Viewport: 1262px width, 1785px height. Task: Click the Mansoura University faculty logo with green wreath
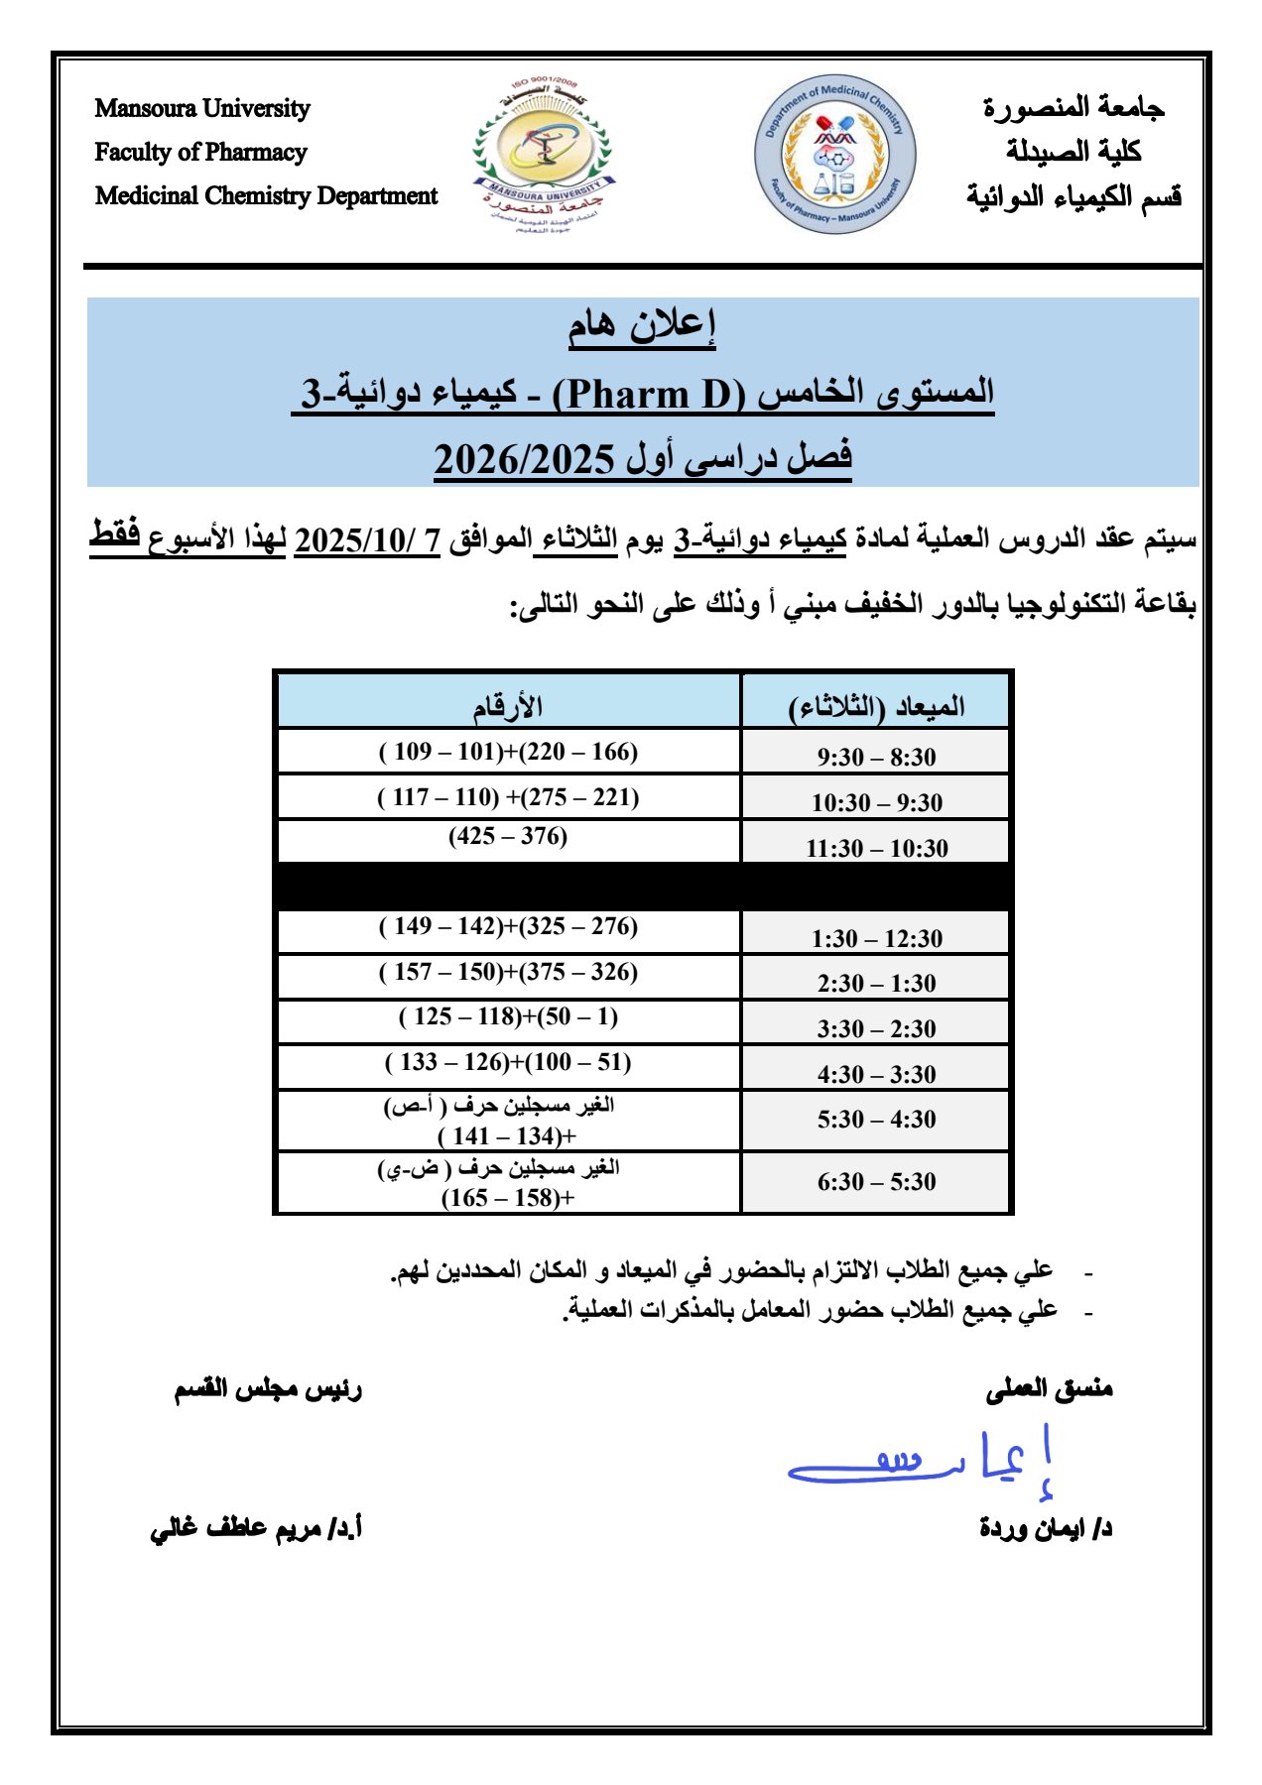541,154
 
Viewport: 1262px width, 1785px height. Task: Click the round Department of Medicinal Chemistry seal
834,154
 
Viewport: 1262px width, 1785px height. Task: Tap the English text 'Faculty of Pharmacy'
200,152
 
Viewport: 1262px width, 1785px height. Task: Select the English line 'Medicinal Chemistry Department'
266,195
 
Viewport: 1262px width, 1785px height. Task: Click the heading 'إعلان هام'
642,326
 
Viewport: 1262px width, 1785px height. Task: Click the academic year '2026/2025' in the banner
525,459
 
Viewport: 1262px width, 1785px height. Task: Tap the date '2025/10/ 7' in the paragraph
367,540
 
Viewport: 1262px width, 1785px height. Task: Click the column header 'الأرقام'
507,706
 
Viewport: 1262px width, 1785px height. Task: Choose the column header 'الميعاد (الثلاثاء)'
876,706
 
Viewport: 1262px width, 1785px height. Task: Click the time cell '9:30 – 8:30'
876,758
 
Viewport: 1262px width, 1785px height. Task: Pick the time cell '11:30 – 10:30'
876,848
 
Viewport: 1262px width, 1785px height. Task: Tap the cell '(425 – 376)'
508,836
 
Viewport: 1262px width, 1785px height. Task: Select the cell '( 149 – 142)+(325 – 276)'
508,926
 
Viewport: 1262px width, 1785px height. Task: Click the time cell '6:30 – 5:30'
876,1182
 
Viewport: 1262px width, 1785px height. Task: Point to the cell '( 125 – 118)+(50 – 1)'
508,1016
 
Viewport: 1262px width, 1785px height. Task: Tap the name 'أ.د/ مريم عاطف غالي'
256,1528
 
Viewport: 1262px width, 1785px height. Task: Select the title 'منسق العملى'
1049,1389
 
